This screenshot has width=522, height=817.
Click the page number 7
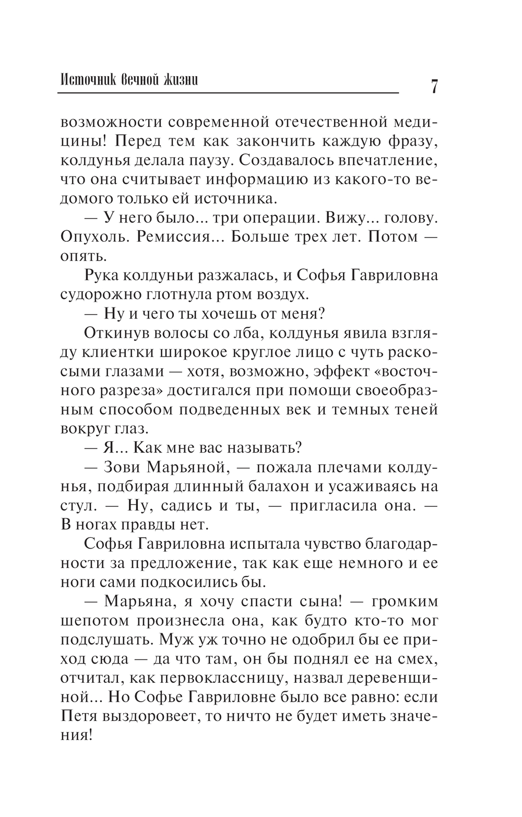(433, 86)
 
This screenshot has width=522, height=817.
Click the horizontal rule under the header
(228, 94)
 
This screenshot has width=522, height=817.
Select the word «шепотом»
(94, 621)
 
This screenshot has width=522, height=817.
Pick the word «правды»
(143, 524)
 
